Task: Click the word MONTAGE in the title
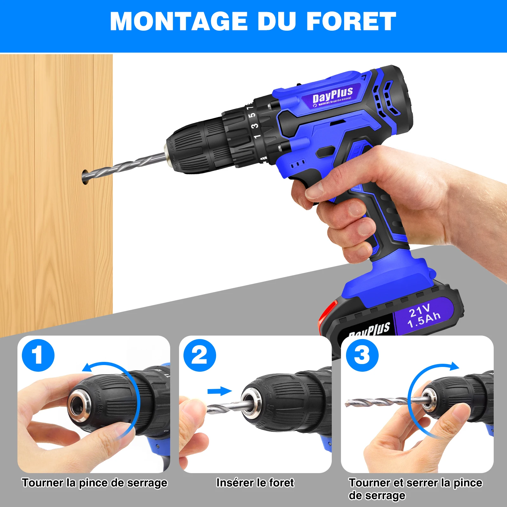[x=178, y=22]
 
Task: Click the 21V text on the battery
[x=419, y=311]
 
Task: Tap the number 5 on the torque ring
[x=252, y=115]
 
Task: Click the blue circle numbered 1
[x=38, y=355]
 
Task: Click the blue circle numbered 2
[x=200, y=355]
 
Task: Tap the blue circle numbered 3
[x=362, y=355]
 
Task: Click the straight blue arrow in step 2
[x=220, y=391]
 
